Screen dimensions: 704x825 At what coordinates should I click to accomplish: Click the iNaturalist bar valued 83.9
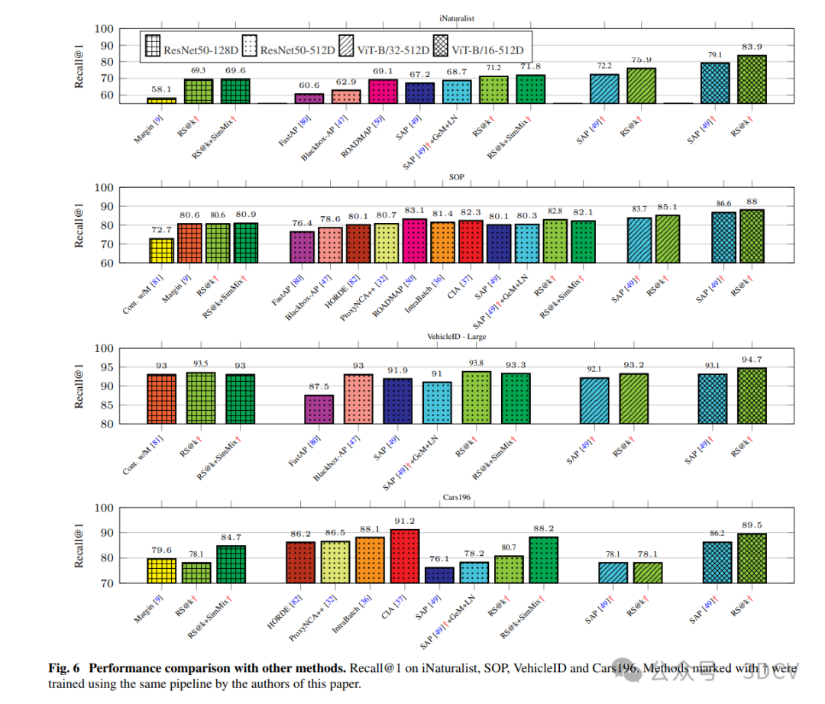(x=752, y=79)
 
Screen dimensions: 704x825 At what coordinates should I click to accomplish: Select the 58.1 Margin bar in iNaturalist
(x=161, y=100)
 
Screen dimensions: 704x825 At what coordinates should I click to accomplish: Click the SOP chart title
(x=456, y=177)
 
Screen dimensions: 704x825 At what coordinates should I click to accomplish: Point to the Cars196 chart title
(x=456, y=497)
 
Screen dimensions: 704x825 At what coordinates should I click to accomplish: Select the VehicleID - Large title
(x=456, y=337)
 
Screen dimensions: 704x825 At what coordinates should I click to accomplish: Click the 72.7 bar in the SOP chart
(x=161, y=250)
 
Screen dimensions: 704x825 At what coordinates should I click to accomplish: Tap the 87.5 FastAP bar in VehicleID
(x=319, y=409)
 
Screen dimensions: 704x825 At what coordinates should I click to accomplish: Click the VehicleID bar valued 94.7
(x=752, y=396)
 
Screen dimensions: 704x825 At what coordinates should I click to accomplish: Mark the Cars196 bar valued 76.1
(x=439, y=575)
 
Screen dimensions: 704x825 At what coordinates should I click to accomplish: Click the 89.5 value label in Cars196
(x=752, y=525)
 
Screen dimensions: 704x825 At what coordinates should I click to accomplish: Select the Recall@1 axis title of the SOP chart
(x=79, y=225)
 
